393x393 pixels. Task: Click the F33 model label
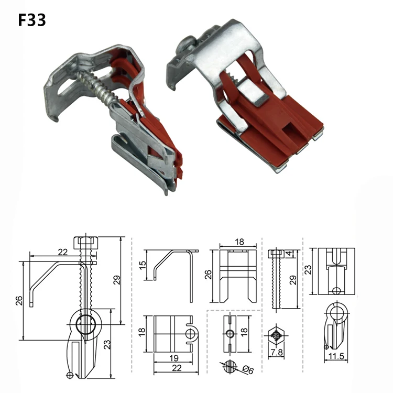click(32, 20)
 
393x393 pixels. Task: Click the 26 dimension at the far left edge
click(19, 301)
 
